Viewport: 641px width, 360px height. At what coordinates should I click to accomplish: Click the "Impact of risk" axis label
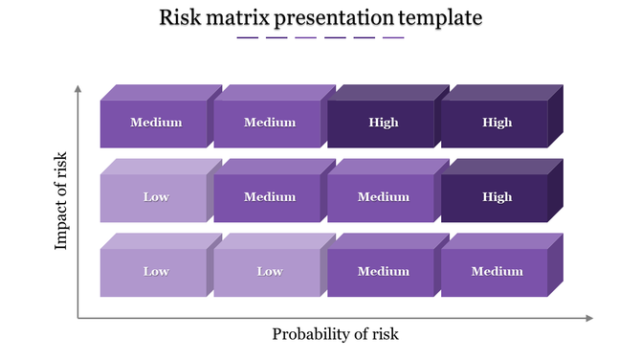click(62, 200)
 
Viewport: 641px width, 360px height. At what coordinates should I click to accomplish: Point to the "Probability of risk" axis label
click(335, 334)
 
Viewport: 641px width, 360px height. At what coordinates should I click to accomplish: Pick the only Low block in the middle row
click(155, 197)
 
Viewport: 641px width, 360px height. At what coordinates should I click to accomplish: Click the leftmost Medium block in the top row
click(155, 123)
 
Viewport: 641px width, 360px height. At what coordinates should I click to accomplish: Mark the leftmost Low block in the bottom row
click(155, 272)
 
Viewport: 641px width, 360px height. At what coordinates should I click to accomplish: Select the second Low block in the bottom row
click(269, 272)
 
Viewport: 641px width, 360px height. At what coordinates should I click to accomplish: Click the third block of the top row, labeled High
click(382, 123)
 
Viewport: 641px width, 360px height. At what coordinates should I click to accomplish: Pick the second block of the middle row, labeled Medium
click(269, 197)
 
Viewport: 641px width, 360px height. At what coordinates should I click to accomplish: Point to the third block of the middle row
click(382, 197)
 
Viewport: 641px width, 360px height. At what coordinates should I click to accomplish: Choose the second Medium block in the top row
click(269, 123)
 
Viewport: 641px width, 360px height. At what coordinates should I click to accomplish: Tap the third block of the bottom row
click(382, 272)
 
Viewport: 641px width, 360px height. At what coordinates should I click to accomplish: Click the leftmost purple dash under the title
click(247, 38)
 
